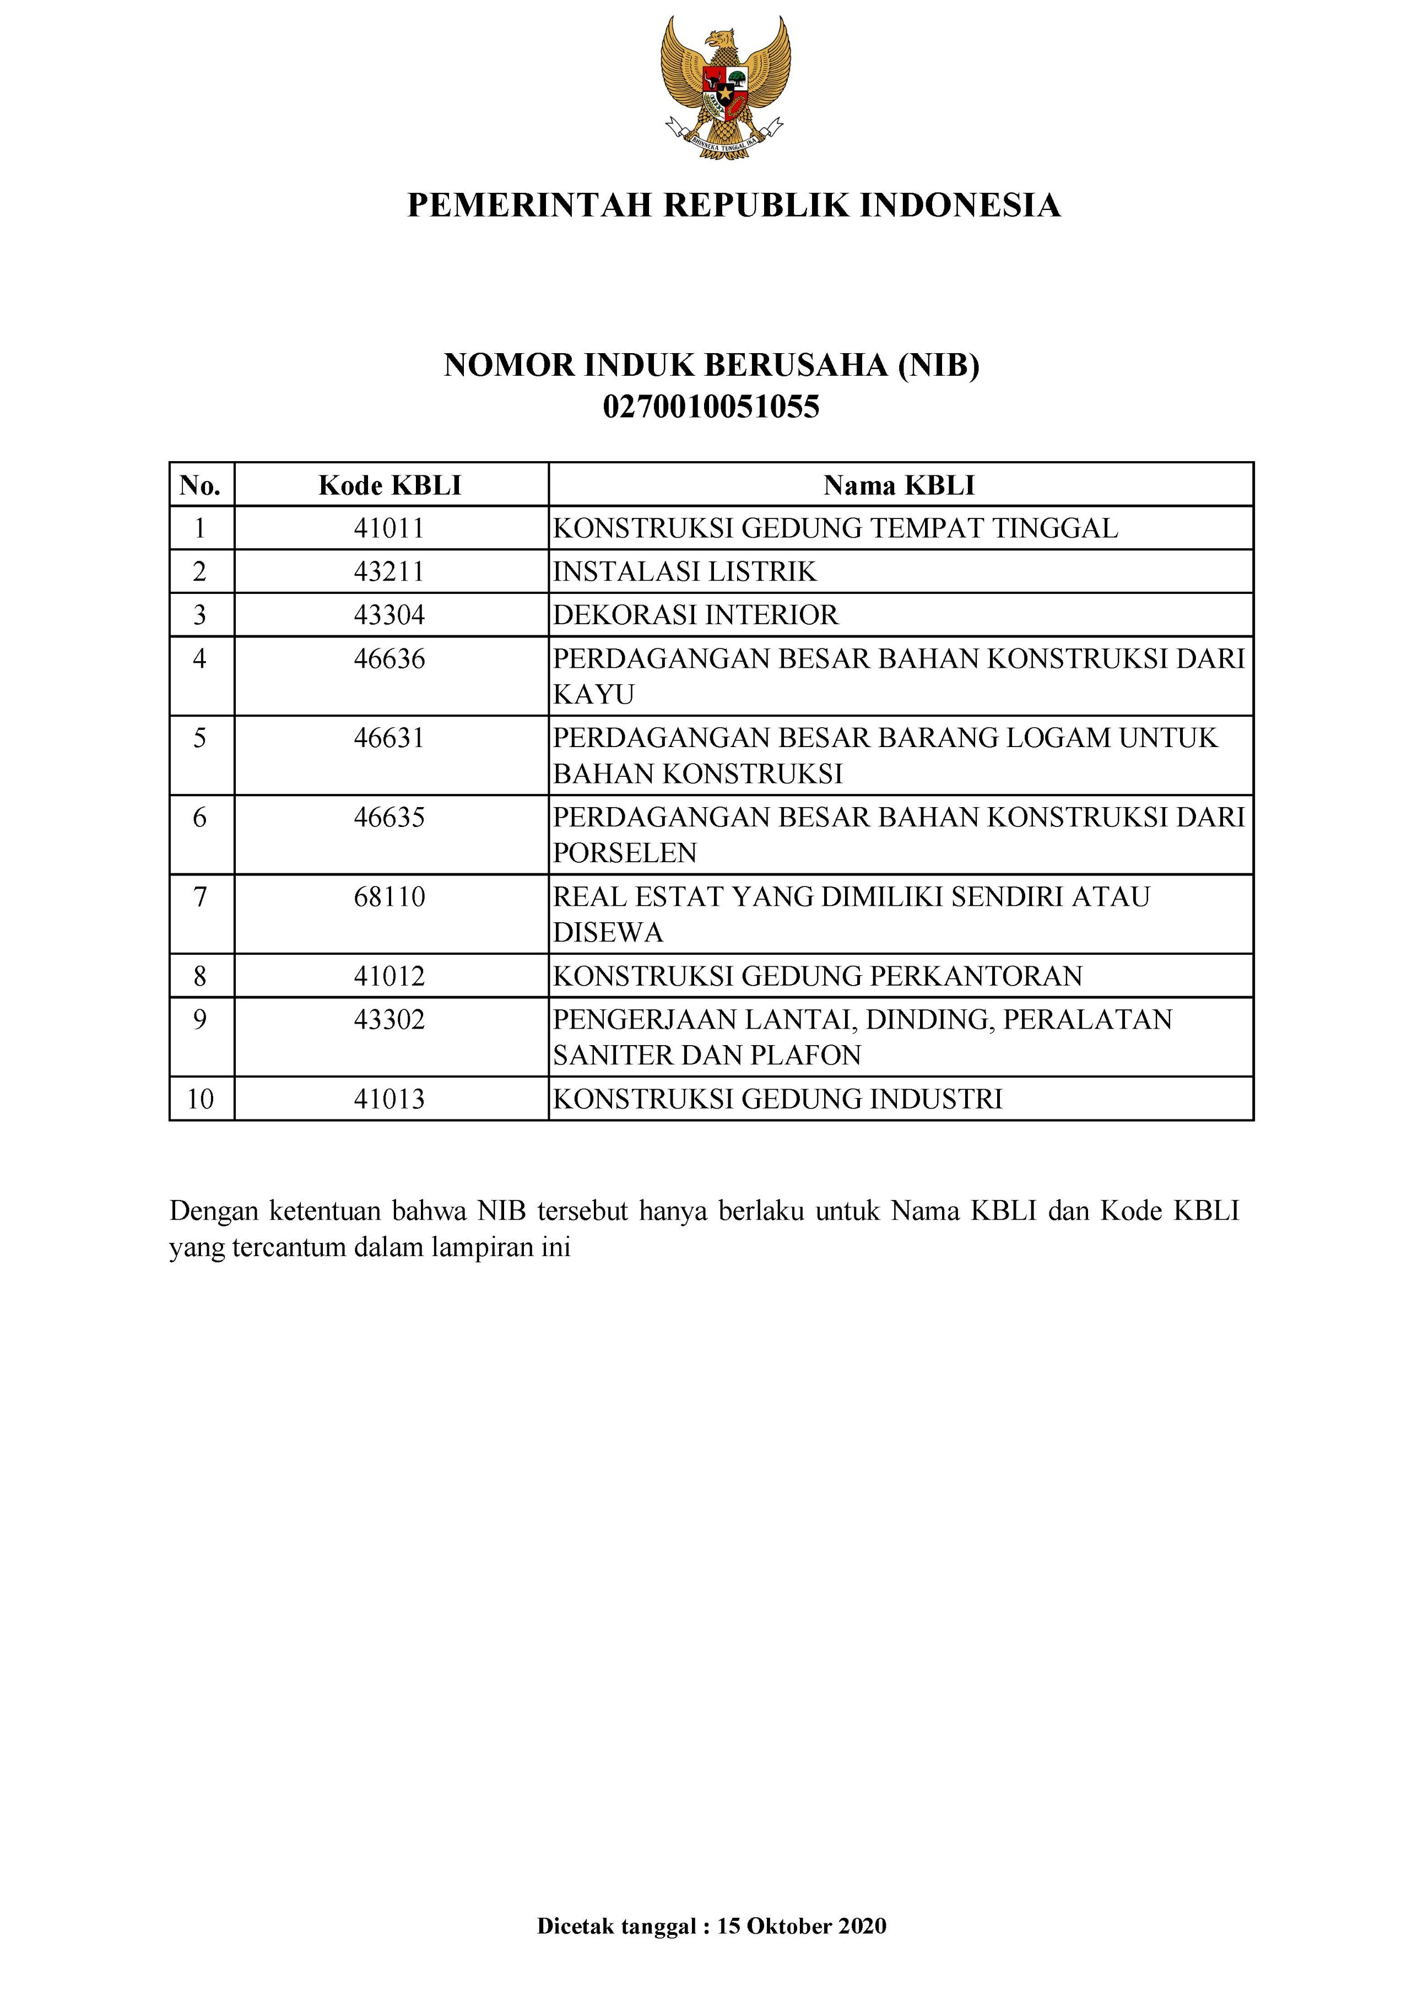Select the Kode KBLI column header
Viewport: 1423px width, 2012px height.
pyautogui.click(x=390, y=485)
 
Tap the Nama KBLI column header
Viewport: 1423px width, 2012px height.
pyautogui.click(x=899, y=485)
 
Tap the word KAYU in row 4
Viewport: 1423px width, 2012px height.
pyautogui.click(x=593, y=695)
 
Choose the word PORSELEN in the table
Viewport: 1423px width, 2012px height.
pyautogui.click(x=625, y=853)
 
